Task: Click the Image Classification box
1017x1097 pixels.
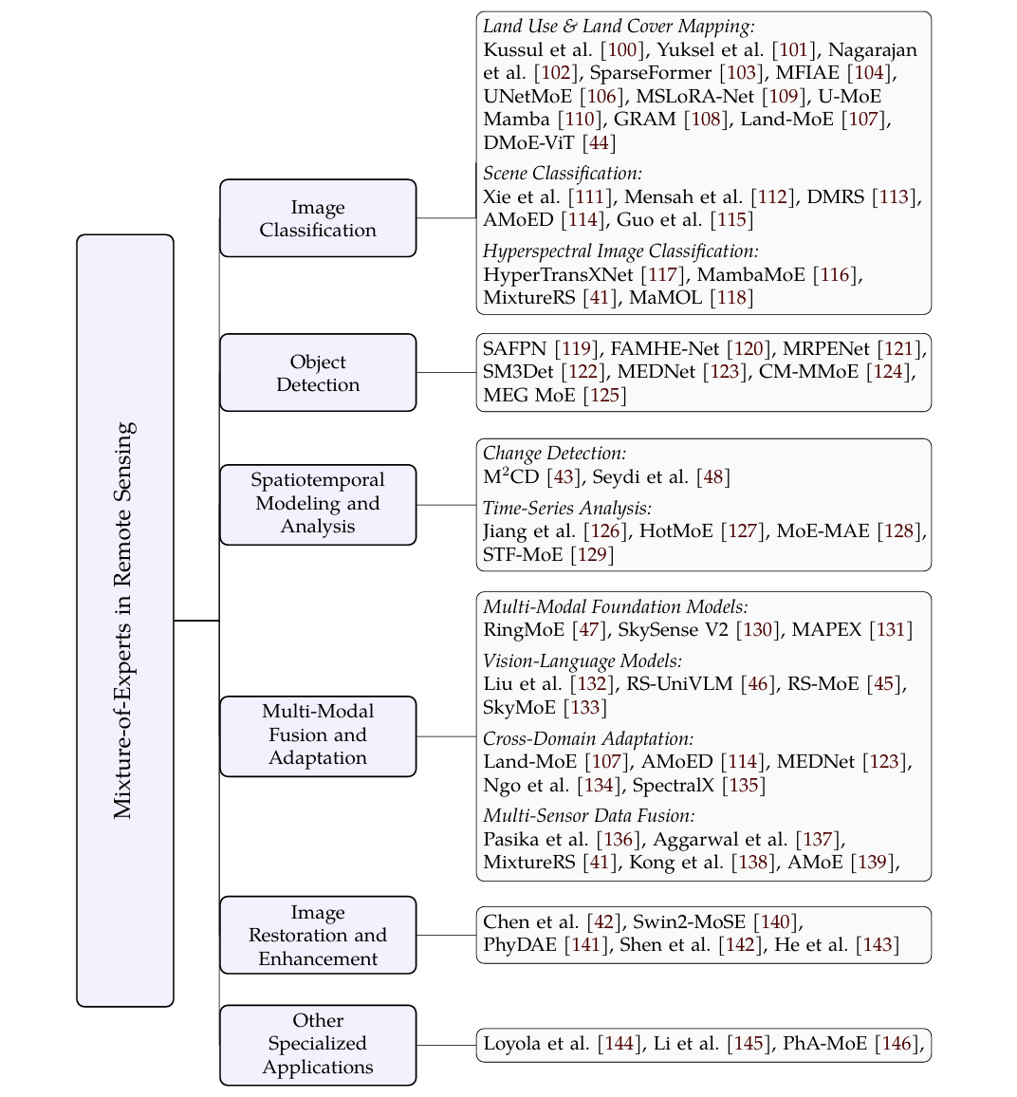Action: (x=318, y=218)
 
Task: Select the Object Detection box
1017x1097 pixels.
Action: (x=318, y=373)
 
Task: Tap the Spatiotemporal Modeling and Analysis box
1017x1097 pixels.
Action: (x=318, y=504)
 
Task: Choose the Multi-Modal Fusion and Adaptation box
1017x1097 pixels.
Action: (x=318, y=735)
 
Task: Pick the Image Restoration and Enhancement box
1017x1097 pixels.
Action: (x=318, y=935)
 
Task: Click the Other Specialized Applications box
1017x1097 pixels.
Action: (x=318, y=1044)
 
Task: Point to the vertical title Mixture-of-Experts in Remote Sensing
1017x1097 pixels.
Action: (x=125, y=621)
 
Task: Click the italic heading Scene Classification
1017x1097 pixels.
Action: (x=563, y=174)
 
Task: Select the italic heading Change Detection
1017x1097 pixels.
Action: (x=555, y=454)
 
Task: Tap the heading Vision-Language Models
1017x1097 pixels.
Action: (x=582, y=660)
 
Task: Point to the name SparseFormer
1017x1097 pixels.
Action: (x=651, y=73)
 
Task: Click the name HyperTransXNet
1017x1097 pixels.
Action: (x=558, y=274)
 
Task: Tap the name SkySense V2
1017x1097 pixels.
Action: (x=680, y=630)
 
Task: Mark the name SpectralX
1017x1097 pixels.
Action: (x=674, y=786)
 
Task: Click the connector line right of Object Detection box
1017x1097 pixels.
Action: (x=446, y=373)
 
